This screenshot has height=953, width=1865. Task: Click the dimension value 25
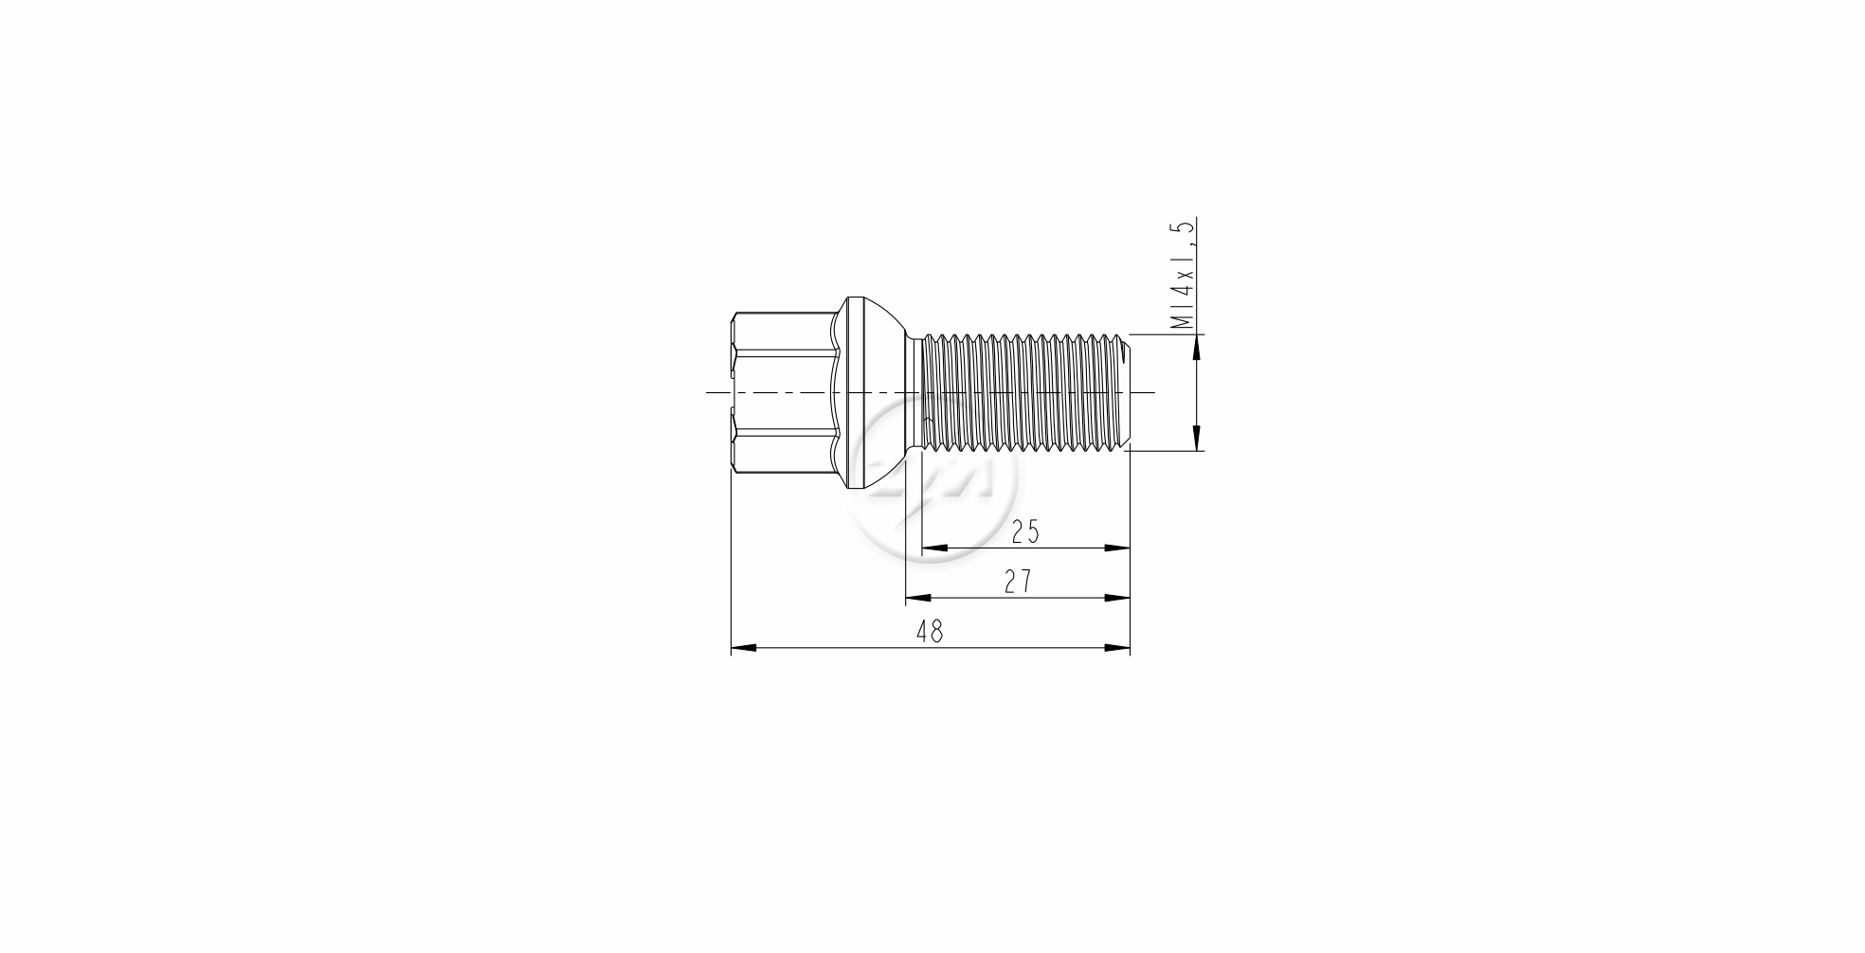1024,532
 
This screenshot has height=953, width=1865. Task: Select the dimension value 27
1018,582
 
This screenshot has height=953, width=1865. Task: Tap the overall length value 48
930,632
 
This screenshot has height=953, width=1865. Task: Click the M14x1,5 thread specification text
1183,275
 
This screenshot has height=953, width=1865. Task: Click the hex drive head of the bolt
783,392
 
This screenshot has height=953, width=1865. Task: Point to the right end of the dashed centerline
1152,392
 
